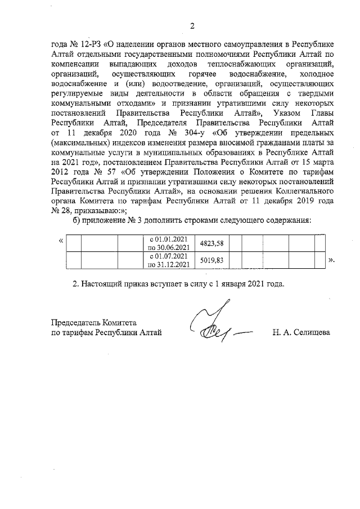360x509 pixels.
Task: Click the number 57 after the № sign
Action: (x=119, y=171)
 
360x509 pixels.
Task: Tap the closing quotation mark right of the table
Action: (x=332, y=261)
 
